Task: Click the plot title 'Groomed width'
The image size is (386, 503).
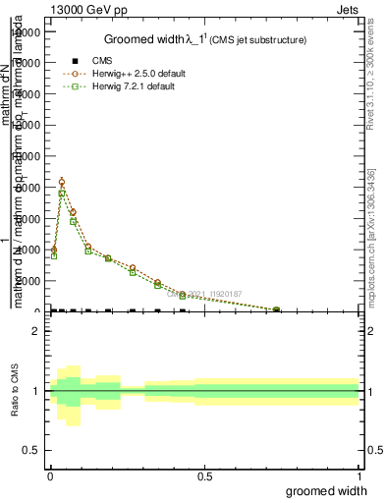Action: coord(143,39)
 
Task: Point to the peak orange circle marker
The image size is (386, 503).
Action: coord(62,182)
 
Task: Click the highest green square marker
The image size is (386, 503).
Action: coord(62,194)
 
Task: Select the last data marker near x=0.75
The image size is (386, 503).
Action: coord(276,310)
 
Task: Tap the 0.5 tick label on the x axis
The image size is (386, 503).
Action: coord(204,475)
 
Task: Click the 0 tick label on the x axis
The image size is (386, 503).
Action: coord(50,475)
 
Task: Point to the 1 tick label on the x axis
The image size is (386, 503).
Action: coord(358,475)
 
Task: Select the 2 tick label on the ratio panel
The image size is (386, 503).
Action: coord(35,331)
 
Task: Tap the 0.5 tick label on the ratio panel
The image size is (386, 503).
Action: coord(30,450)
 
